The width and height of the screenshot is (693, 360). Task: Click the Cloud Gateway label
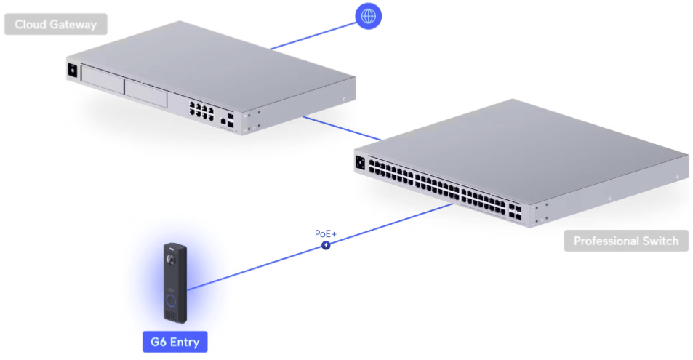pyautogui.click(x=56, y=24)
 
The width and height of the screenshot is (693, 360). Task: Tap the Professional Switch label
pyautogui.click(x=626, y=241)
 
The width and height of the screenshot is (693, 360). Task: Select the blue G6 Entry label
pyautogui.click(x=175, y=342)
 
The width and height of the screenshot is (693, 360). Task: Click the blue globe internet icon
pyautogui.click(x=369, y=16)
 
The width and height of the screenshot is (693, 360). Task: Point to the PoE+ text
pyautogui.click(x=326, y=233)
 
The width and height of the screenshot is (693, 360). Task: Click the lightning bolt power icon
pyautogui.click(x=326, y=245)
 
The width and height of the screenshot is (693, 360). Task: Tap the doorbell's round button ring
pyautogui.click(x=171, y=301)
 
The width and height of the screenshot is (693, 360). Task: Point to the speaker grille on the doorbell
pyautogui.click(x=171, y=316)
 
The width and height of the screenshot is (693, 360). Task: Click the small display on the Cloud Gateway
pyautogui.click(x=73, y=71)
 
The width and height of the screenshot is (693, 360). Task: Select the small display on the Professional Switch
pyautogui.click(x=360, y=163)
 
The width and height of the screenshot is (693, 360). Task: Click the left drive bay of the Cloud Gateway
pyautogui.click(x=103, y=79)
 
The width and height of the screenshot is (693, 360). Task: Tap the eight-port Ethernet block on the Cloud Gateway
pyautogui.click(x=201, y=110)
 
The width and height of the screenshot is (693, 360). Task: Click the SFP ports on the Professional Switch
pyautogui.click(x=515, y=212)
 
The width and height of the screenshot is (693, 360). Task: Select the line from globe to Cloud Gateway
pyautogui.click(x=313, y=36)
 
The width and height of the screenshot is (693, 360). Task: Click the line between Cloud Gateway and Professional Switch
pyautogui.click(x=343, y=128)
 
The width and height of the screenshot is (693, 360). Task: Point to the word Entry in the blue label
pyautogui.click(x=185, y=343)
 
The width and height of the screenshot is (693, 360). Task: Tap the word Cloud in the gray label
pyautogui.click(x=29, y=24)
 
